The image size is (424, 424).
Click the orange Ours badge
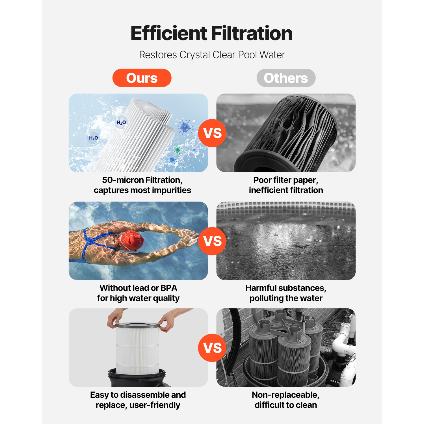142,78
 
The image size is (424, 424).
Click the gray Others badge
286,78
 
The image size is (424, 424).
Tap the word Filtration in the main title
252,33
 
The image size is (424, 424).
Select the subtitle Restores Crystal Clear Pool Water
212,55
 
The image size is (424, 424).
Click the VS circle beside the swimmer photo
212,241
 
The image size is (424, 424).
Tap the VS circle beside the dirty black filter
212,133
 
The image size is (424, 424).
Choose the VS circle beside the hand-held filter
212,348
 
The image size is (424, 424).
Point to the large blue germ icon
185,127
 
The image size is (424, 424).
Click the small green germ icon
178,149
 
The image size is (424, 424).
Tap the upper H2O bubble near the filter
121,122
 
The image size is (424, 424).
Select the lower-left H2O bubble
94,138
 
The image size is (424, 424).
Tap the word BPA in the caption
169,288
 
